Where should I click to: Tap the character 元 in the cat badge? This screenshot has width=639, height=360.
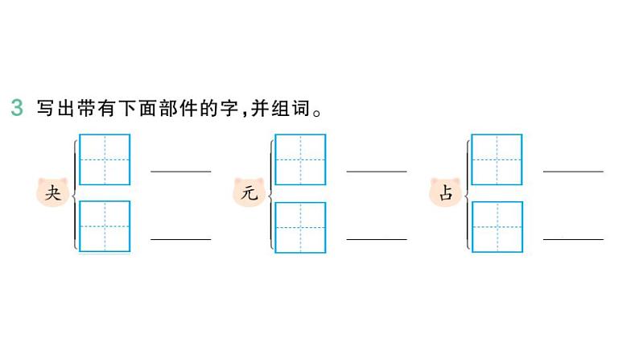click(x=249, y=193)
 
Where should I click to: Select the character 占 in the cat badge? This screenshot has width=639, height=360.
click(x=445, y=193)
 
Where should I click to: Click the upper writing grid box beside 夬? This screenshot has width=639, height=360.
click(x=105, y=159)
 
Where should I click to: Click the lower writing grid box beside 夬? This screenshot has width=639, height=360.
click(x=105, y=226)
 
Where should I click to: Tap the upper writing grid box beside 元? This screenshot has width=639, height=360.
click(x=300, y=159)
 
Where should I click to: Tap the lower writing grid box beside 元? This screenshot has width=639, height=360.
click(x=300, y=226)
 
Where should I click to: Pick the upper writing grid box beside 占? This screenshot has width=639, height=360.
click(x=497, y=159)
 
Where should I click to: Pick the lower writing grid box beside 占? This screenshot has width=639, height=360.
click(x=497, y=226)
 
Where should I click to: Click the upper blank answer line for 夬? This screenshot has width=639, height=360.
click(x=181, y=170)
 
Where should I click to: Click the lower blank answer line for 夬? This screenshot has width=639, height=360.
click(x=181, y=238)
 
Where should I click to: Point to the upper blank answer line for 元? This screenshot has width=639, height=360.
click(x=377, y=170)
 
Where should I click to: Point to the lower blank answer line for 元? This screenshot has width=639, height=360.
click(x=377, y=238)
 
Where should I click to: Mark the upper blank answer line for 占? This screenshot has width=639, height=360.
click(x=573, y=170)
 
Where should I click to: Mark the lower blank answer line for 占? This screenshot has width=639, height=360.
click(x=573, y=238)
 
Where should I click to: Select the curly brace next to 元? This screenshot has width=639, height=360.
click(x=271, y=193)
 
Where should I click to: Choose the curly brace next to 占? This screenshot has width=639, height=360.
click(x=467, y=193)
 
